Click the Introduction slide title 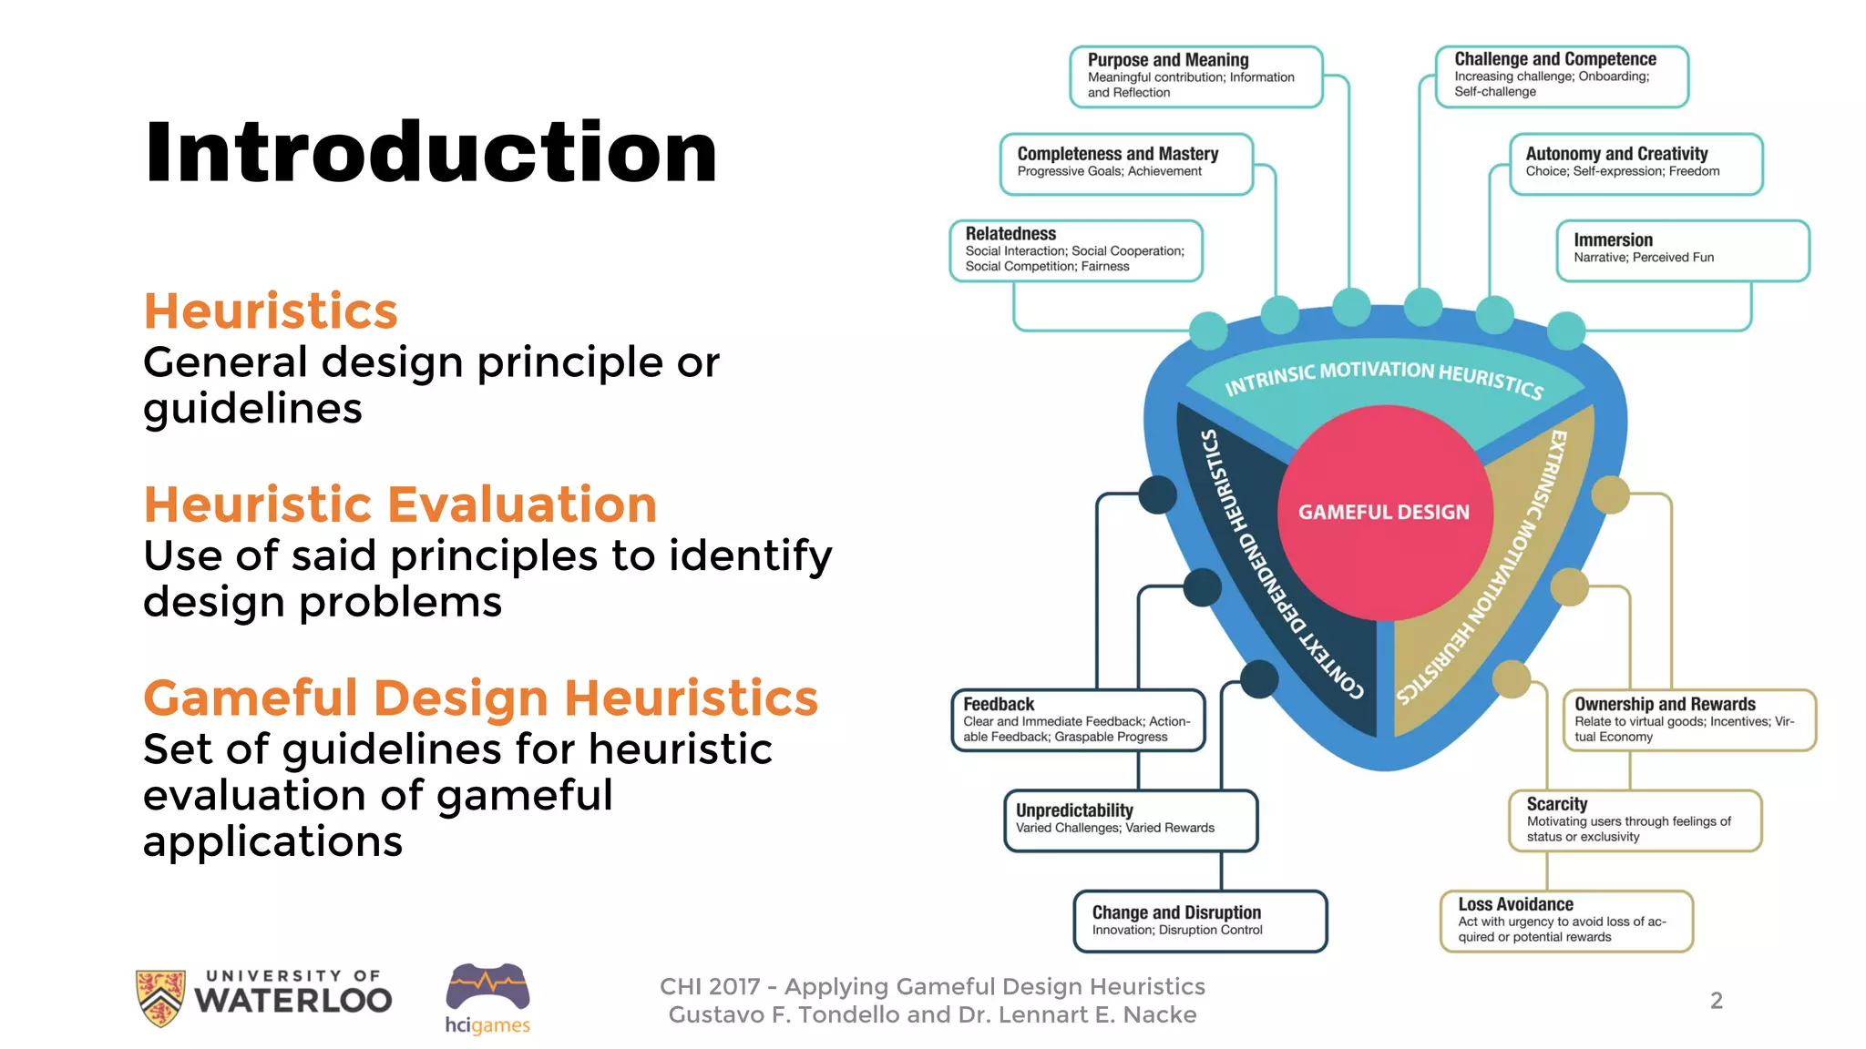pos(431,152)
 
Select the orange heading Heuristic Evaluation pos(400,504)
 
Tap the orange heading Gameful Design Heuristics pos(480,698)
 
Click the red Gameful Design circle pos(1383,513)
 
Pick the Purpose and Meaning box pos(1195,76)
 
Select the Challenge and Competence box pos(1562,76)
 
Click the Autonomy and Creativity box pos(1635,164)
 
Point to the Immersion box pos(1682,250)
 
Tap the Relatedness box pos(1075,250)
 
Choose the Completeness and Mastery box pos(1126,164)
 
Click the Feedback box pos(1078,720)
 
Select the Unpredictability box pos(1130,820)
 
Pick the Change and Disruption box pos(1199,922)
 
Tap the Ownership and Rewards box pos(1688,720)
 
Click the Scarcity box pos(1635,820)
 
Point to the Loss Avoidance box pos(1565,922)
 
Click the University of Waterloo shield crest pos(160,997)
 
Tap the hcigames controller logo pos(487,988)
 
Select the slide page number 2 pos(1716,1001)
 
